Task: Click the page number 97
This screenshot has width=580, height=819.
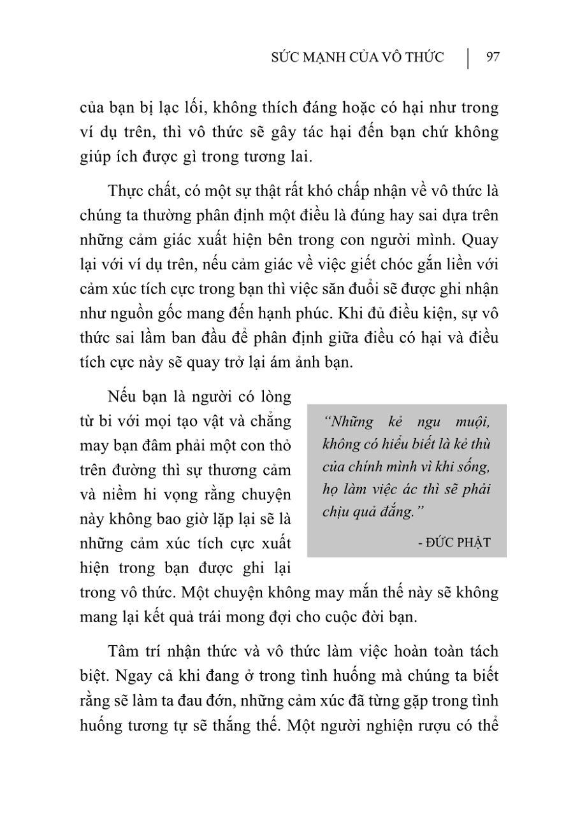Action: pyautogui.click(x=492, y=57)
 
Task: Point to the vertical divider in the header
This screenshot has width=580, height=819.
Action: pyautogui.click(x=468, y=57)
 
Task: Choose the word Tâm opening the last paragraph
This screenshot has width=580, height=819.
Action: pyautogui.click(x=124, y=652)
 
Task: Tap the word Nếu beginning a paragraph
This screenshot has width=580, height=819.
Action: pyautogui.click(x=123, y=397)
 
